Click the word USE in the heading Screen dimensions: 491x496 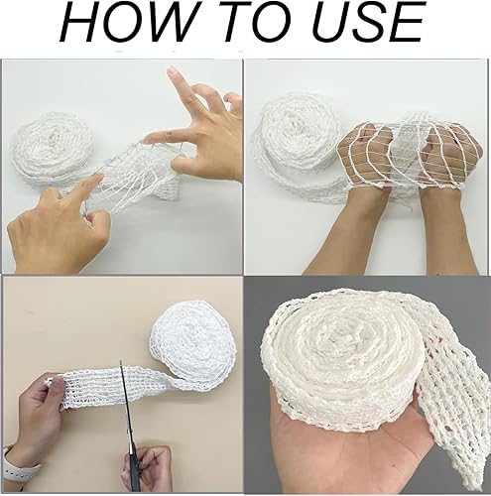(367, 23)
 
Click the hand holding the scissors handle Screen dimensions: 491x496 (147, 469)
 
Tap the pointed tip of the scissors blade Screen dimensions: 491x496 (121, 361)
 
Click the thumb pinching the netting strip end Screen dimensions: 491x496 (53, 384)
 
